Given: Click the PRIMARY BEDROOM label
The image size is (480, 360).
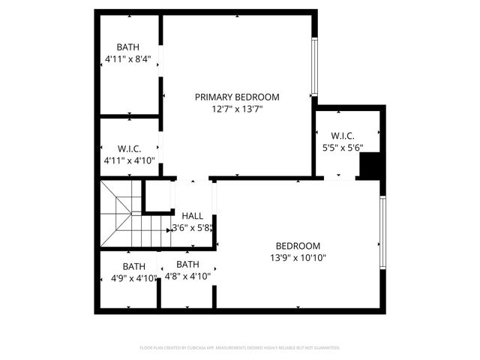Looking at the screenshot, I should point(237,97).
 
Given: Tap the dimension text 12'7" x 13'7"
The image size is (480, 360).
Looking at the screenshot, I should point(237,109).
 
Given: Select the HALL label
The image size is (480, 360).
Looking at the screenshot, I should point(193,216).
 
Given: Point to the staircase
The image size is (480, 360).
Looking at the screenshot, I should point(120,214).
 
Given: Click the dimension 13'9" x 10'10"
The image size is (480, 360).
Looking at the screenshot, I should point(298,258).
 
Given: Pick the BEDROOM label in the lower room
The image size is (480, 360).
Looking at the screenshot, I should point(298,246).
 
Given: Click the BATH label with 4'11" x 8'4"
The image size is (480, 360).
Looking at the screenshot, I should point(127,47).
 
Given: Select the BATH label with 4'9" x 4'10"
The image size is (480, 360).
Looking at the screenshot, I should point(134,266).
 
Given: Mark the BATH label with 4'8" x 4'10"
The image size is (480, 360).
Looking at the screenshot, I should point(187,264).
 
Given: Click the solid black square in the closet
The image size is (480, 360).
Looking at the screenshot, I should point(370,166).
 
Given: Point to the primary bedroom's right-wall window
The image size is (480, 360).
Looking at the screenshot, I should point(314,66).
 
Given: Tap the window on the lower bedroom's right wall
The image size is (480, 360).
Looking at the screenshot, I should point(383,232).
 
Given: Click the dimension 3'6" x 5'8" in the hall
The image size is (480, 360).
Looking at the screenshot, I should point(193,228).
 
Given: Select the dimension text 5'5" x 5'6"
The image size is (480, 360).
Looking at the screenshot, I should point(342,148).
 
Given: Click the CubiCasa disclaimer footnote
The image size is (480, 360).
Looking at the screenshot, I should point(240,348).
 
